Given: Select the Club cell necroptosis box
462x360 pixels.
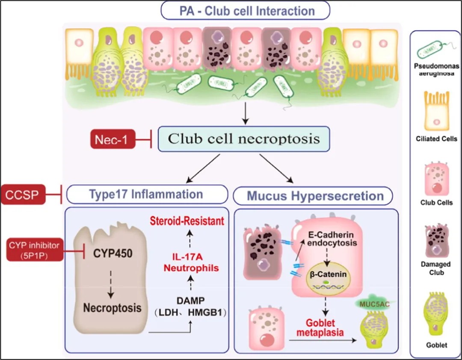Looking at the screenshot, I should tap(244, 139).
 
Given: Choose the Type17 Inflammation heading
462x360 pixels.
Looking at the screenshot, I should tap(146, 194).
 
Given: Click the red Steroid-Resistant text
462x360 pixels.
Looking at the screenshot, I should tap(187, 222).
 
